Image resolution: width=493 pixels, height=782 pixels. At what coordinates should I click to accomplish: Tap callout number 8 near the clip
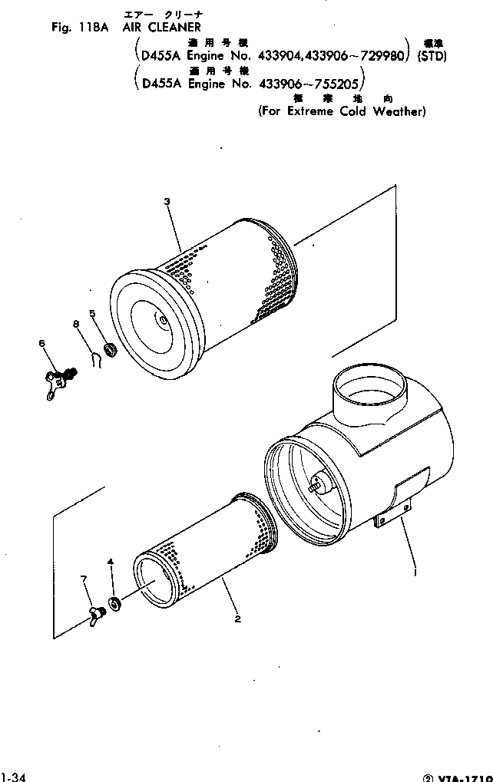tap(75, 325)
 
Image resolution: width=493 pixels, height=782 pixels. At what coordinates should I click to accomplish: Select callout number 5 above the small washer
tap(92, 313)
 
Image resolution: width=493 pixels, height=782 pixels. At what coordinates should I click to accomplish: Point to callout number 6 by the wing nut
tap(42, 344)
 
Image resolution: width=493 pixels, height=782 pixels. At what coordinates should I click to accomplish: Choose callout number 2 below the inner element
tap(238, 619)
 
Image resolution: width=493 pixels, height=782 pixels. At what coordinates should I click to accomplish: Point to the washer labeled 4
tap(116, 604)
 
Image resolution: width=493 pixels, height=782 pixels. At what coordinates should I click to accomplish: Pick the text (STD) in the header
tap(432, 57)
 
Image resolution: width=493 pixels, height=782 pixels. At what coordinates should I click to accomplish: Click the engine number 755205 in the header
tap(339, 84)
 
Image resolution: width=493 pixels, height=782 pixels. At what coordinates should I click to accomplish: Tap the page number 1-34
tap(14, 777)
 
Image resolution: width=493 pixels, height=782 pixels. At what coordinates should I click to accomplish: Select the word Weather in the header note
tap(399, 111)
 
